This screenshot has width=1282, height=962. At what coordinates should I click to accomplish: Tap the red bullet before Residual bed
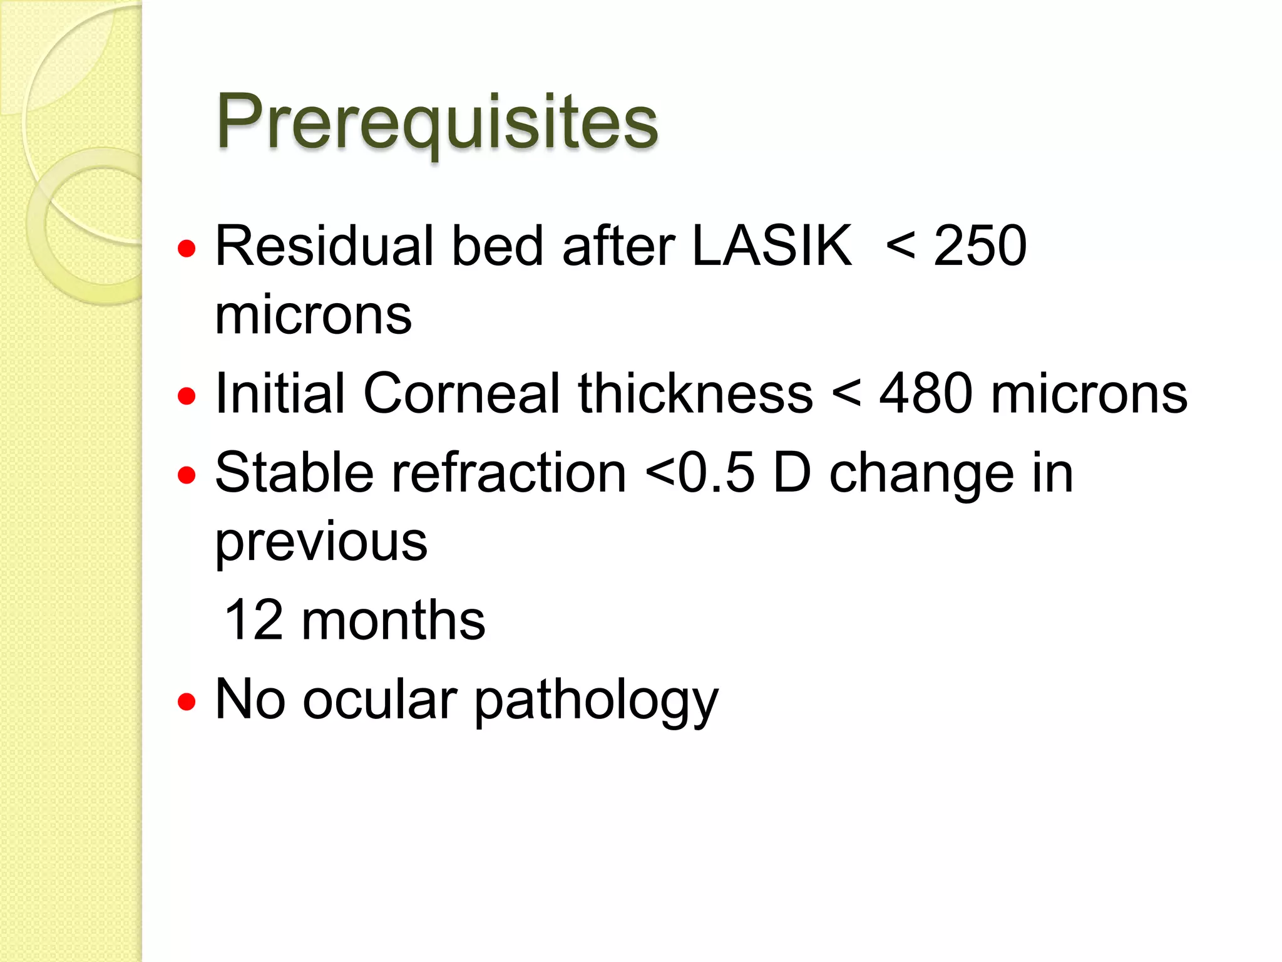(187, 250)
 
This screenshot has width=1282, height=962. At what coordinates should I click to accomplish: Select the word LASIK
(771, 246)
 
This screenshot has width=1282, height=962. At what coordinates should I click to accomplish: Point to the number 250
(980, 246)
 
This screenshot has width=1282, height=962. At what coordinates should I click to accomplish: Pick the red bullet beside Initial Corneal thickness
(187, 396)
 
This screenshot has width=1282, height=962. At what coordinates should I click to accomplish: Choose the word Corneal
(462, 393)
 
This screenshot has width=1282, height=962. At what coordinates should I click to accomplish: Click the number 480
(926, 393)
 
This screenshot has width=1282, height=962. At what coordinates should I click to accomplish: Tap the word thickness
(695, 393)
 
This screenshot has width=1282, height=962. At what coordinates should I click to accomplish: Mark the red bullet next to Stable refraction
(187, 475)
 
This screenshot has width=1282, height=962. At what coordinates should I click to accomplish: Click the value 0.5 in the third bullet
(717, 473)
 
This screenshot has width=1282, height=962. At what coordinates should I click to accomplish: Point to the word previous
(321, 542)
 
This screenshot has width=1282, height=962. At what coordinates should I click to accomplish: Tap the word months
(393, 620)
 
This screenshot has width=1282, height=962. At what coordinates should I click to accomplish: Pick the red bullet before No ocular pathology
(187, 702)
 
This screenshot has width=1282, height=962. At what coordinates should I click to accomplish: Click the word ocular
(380, 700)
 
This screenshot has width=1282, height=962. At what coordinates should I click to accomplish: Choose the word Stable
(294, 473)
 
